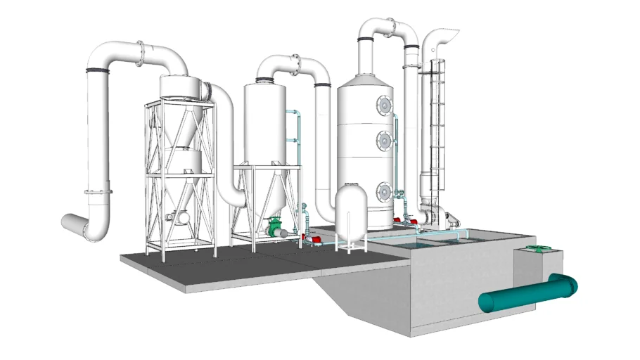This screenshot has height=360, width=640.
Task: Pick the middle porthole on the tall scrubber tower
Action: coord(385,141)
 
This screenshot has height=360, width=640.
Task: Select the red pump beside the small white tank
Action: coord(314,241)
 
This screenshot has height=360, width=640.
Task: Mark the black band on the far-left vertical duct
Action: coord(98,70)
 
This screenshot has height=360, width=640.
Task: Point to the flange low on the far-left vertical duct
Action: coord(98,191)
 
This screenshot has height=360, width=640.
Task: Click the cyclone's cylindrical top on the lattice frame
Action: coord(181,86)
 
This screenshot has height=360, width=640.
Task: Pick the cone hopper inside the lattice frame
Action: coord(188,127)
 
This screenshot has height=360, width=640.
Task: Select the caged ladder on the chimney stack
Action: coord(437,120)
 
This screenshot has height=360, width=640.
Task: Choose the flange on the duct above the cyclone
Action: coord(142,53)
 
